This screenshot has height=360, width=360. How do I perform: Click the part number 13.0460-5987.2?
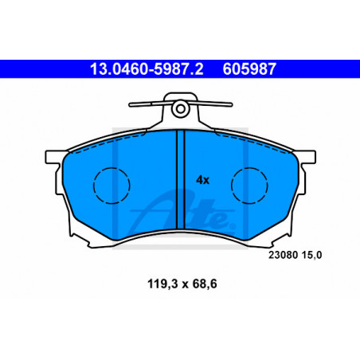147,69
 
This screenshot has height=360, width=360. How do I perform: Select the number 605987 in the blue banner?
249,69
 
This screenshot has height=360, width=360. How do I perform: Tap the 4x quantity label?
202,180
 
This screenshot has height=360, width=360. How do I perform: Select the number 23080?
283,255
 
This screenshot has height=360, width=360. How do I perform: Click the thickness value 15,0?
311,255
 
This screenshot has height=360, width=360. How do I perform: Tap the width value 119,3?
163,284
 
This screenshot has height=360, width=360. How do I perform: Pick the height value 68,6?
205,284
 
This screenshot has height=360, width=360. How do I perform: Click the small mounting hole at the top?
181,109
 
